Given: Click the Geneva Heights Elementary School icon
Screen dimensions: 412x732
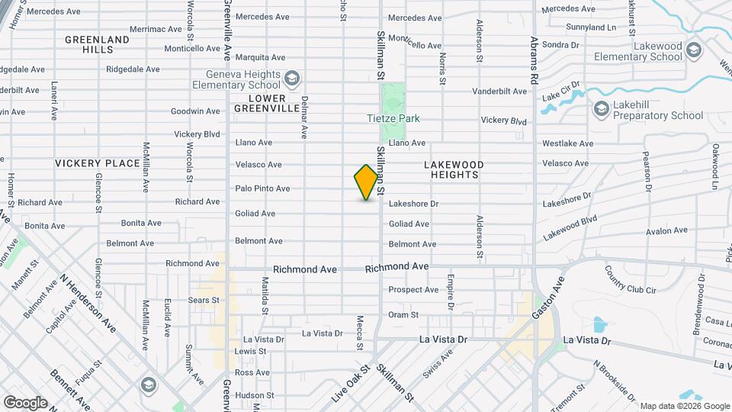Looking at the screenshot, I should (292, 79).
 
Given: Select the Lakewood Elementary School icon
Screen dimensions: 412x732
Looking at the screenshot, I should (694, 51).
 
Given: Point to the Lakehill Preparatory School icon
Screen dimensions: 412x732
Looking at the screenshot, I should (601, 110).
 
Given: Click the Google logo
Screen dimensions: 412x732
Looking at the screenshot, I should (25, 402).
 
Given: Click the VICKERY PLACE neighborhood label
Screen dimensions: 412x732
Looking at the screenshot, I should (98, 163).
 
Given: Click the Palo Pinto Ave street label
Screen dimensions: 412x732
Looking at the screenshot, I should (262, 188).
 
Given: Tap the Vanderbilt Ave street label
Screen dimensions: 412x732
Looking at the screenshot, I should (499, 92).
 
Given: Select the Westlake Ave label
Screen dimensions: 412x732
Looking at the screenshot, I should (567, 143).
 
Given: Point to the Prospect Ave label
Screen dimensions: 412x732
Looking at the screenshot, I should (413, 290).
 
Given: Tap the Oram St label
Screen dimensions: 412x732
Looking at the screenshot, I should (403, 314).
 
